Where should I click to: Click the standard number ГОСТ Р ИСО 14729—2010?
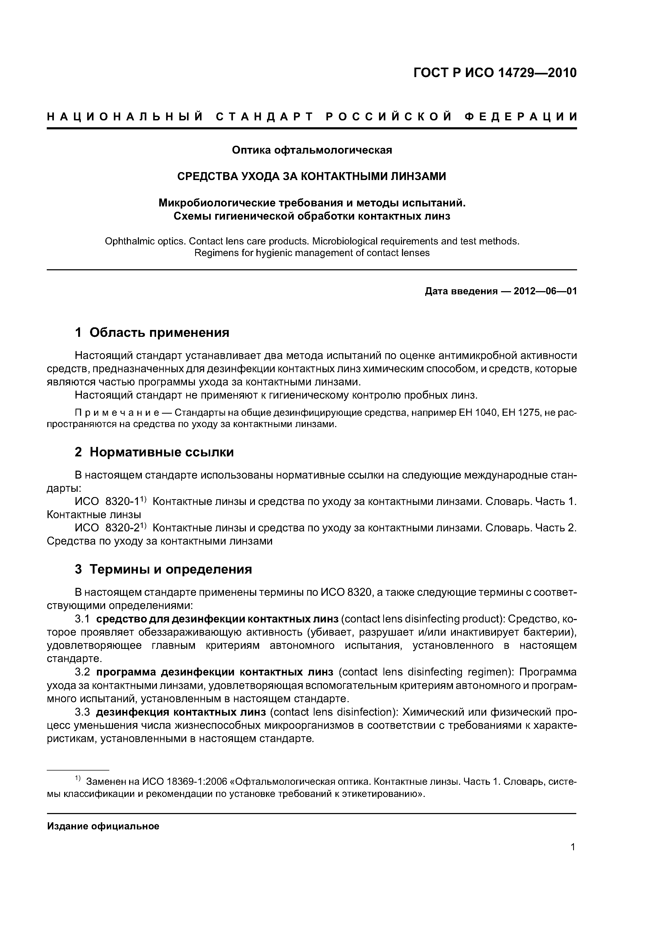(x=495, y=73)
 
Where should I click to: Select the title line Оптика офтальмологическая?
(x=312, y=150)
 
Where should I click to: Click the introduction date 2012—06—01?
(x=545, y=291)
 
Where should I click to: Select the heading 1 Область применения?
(x=152, y=333)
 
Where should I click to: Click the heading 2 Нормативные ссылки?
(x=154, y=452)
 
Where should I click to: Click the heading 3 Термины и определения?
(x=163, y=569)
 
